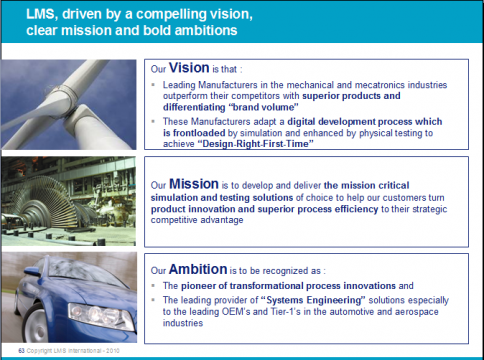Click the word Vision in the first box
coord(194,73)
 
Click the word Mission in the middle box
coord(196,185)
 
